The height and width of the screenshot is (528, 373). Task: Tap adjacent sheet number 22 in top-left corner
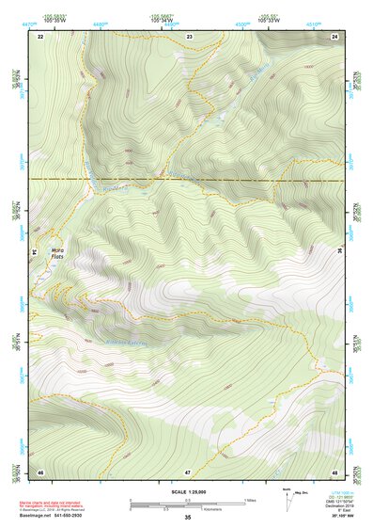(40, 36)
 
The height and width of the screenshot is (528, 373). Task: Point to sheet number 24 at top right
(334, 36)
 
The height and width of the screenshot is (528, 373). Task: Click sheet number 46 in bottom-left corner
(40, 471)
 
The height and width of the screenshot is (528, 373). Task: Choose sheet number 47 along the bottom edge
(188, 471)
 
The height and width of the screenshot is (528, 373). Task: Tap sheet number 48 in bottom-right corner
(334, 471)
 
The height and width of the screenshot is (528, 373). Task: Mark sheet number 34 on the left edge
(36, 252)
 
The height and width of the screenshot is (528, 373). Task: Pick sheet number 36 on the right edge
(339, 250)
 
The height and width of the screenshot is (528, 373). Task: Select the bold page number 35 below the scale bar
(188, 518)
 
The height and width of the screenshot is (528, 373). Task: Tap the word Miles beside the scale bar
(251, 500)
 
